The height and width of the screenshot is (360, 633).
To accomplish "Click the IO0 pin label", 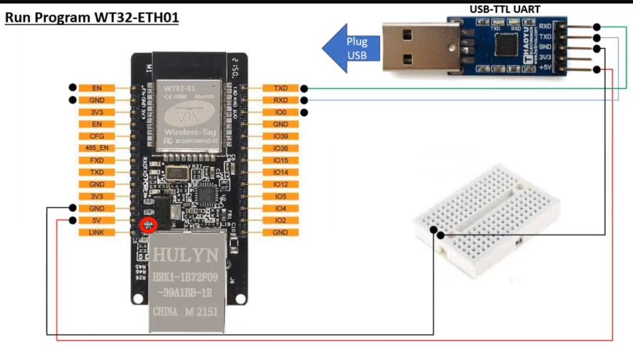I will click(x=280, y=112).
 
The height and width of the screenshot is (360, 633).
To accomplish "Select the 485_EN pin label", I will click(x=96, y=148).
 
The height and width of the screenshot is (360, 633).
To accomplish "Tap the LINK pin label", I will click(x=96, y=232).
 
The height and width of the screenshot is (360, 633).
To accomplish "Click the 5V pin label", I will click(x=96, y=220).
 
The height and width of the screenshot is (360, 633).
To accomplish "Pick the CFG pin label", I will click(x=96, y=136).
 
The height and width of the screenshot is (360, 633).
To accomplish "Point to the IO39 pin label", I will click(x=280, y=136).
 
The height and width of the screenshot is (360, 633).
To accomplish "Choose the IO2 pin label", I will click(x=280, y=220).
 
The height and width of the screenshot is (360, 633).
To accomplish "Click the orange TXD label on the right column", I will click(x=280, y=88).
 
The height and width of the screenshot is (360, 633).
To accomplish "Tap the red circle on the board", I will click(x=148, y=226).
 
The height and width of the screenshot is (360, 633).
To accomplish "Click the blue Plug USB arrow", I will click(x=352, y=48).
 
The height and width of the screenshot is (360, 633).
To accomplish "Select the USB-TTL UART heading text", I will click(x=505, y=9).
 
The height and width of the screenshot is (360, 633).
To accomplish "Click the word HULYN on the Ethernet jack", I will click(x=185, y=255).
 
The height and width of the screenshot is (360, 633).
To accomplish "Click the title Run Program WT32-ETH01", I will click(x=91, y=19).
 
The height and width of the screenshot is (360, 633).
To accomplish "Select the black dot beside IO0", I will click(x=304, y=112).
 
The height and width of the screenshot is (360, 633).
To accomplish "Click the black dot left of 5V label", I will click(x=73, y=220).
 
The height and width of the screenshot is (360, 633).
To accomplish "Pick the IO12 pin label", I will click(x=280, y=184).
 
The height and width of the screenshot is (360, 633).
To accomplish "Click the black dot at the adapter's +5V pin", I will click(x=597, y=70).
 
